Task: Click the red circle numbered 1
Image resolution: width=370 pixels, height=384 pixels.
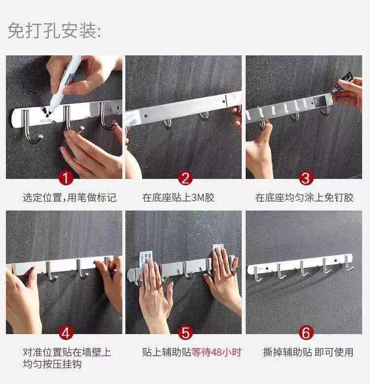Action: (x=66, y=178)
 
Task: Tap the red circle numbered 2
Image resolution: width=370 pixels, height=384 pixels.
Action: (x=185, y=178)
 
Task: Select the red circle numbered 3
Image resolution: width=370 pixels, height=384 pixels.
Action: (x=306, y=178)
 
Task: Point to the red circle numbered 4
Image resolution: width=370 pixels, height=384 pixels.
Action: (x=66, y=333)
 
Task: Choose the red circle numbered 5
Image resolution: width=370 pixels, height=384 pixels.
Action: (x=185, y=333)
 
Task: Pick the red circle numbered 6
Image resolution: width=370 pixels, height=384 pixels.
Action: (x=306, y=333)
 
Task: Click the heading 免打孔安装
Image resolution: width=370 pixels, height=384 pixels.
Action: (x=54, y=31)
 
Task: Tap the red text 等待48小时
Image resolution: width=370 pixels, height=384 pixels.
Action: (x=217, y=352)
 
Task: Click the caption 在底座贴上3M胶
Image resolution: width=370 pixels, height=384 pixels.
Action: (x=179, y=198)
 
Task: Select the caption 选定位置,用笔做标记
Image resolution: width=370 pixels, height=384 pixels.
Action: (x=70, y=198)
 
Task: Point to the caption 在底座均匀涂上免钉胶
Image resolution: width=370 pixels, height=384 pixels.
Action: (x=304, y=198)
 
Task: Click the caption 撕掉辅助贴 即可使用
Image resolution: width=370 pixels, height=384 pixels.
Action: (x=308, y=352)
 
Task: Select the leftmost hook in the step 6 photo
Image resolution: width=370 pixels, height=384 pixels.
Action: (x=258, y=274)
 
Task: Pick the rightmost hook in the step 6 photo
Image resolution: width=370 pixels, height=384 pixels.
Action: (x=349, y=263)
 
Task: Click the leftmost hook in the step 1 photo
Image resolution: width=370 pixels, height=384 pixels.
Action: (x=30, y=127)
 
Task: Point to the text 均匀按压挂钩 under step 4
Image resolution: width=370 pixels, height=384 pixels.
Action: (x=52, y=364)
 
